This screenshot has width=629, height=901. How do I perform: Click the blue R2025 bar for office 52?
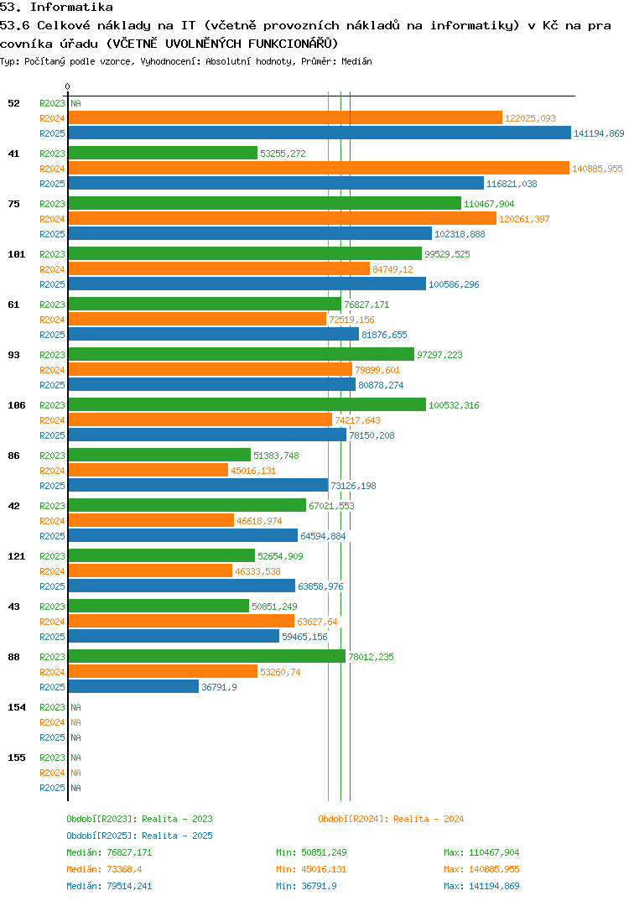[319, 133]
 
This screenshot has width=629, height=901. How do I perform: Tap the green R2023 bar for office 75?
[264, 204]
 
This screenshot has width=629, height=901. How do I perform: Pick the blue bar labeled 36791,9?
[133, 687]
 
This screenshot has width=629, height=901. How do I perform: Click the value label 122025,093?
[530, 118]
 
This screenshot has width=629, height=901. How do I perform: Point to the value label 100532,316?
[454, 405]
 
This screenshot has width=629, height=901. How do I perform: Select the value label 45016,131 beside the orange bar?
[253, 471]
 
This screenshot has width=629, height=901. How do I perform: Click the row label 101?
[16, 254]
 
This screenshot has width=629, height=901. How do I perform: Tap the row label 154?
[16, 707]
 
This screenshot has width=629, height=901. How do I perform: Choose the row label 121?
[16, 556]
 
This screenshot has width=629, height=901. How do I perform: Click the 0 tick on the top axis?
[68, 87]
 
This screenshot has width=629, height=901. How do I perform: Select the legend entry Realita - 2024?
[391, 819]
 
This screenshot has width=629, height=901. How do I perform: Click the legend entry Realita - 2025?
[139, 836]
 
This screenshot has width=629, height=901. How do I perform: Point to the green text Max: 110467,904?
[481, 852]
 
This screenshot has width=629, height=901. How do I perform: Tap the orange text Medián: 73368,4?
[109, 869]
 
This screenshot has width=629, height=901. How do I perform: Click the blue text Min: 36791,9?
[307, 886]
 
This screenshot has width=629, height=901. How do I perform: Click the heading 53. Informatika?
[57, 8]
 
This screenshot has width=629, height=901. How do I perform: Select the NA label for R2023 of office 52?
[75, 103]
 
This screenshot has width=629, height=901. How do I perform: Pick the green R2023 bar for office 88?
[206, 657]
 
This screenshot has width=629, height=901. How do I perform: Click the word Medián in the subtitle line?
[357, 61]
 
